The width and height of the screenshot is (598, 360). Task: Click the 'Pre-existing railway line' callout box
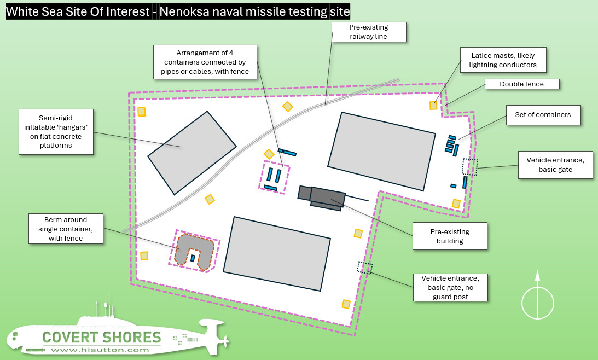(x=369, y=32)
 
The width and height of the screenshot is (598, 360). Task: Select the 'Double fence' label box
(x=522, y=84)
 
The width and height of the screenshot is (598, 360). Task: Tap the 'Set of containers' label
(x=542, y=115)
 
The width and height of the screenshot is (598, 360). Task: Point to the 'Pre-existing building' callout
(x=449, y=236)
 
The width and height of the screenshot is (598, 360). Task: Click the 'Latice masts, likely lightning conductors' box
(x=502, y=60)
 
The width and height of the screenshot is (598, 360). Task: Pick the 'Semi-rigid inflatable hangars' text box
(x=56, y=131)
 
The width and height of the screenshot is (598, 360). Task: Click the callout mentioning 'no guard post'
(x=450, y=287)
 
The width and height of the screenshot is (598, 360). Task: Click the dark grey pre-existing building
(x=327, y=196)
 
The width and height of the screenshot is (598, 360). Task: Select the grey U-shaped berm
(x=192, y=249)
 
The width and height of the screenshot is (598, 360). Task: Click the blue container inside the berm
(x=193, y=258)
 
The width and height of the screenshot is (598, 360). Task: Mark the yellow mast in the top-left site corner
(x=142, y=112)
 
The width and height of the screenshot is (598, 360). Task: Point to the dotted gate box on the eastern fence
(x=469, y=166)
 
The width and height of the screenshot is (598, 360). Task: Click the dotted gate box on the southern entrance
(x=365, y=268)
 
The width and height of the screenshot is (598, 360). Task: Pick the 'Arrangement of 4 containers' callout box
(x=205, y=62)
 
